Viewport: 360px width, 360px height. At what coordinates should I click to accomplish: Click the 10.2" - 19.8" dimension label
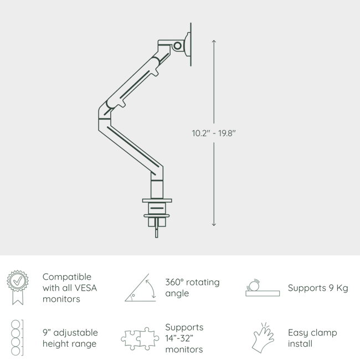pyautogui.click(x=214, y=133)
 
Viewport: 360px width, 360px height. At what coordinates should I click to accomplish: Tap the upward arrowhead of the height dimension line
pyautogui.click(x=214, y=42)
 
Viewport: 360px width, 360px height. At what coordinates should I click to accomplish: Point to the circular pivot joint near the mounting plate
pyautogui.click(x=178, y=45)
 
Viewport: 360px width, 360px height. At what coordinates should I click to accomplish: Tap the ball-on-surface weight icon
pyautogui.click(x=262, y=288)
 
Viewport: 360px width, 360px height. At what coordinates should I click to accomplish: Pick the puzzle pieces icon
pyautogui.click(x=140, y=338)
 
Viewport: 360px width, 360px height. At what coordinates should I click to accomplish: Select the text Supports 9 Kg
pyautogui.click(x=317, y=288)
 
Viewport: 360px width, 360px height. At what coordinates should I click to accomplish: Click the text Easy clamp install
pyautogui.click(x=312, y=338)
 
